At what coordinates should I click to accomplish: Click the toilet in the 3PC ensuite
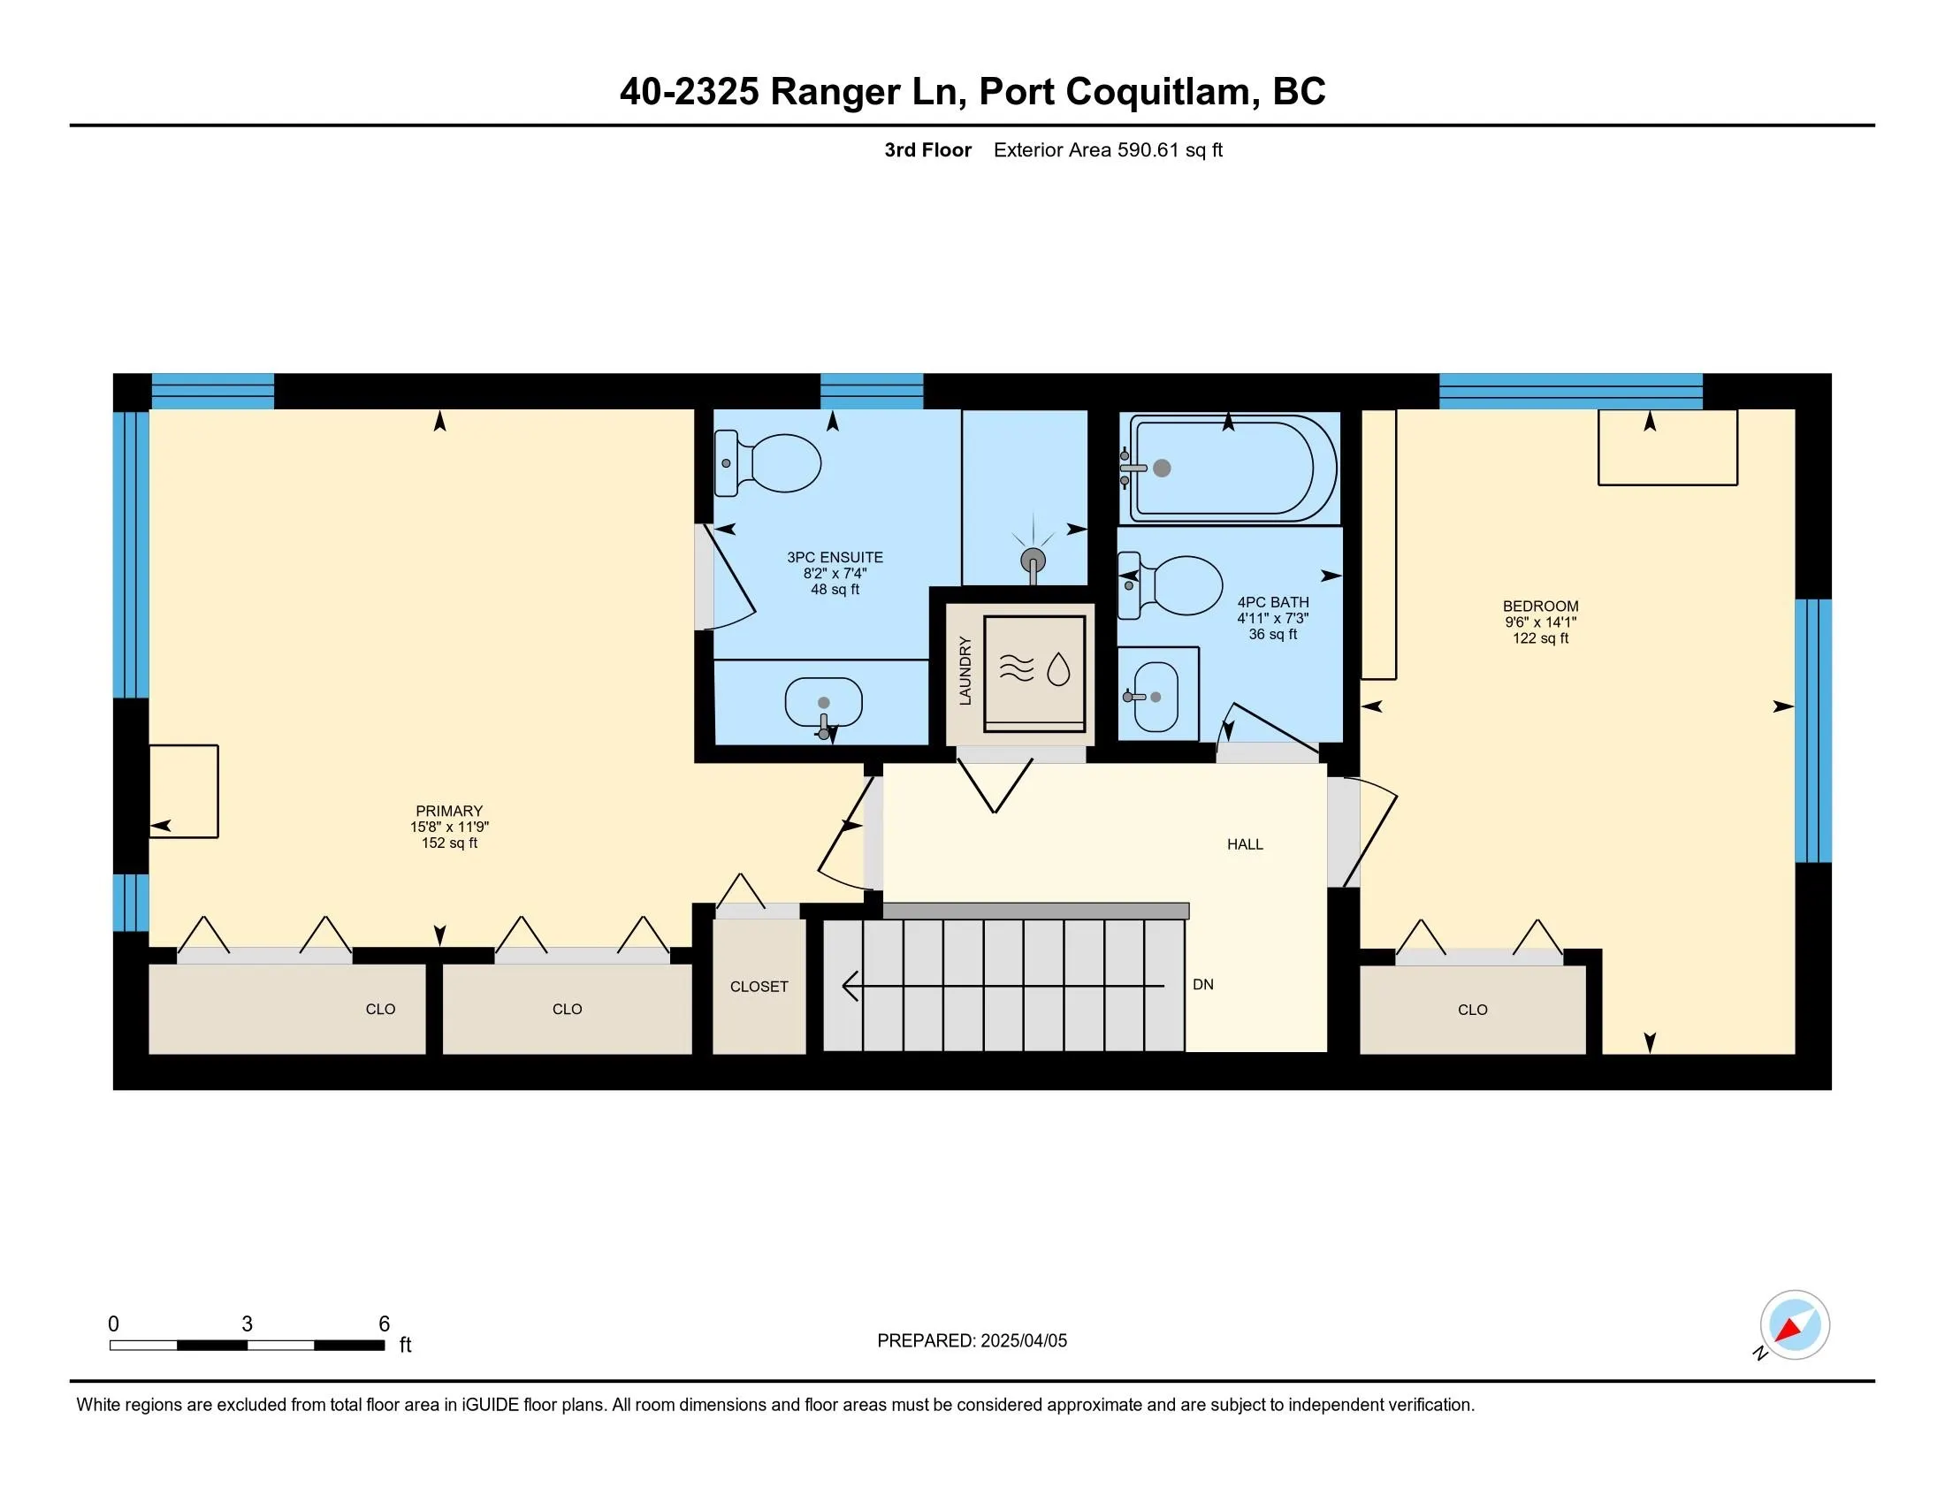767,463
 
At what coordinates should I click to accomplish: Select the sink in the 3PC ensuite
824,704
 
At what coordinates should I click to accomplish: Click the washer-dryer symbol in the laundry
1034,674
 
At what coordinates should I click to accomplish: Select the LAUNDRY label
965,670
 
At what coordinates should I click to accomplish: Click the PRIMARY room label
449,811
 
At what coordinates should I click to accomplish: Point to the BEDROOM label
1541,607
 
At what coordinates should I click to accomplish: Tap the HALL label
1245,844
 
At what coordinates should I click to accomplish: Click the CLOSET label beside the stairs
759,987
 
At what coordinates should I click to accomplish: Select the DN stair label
1203,985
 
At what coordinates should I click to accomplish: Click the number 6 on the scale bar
384,1324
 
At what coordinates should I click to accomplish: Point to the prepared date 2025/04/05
1022,1341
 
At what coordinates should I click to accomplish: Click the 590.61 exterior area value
1148,149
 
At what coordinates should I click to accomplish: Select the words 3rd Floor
927,149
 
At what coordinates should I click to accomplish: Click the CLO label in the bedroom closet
1473,1010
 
